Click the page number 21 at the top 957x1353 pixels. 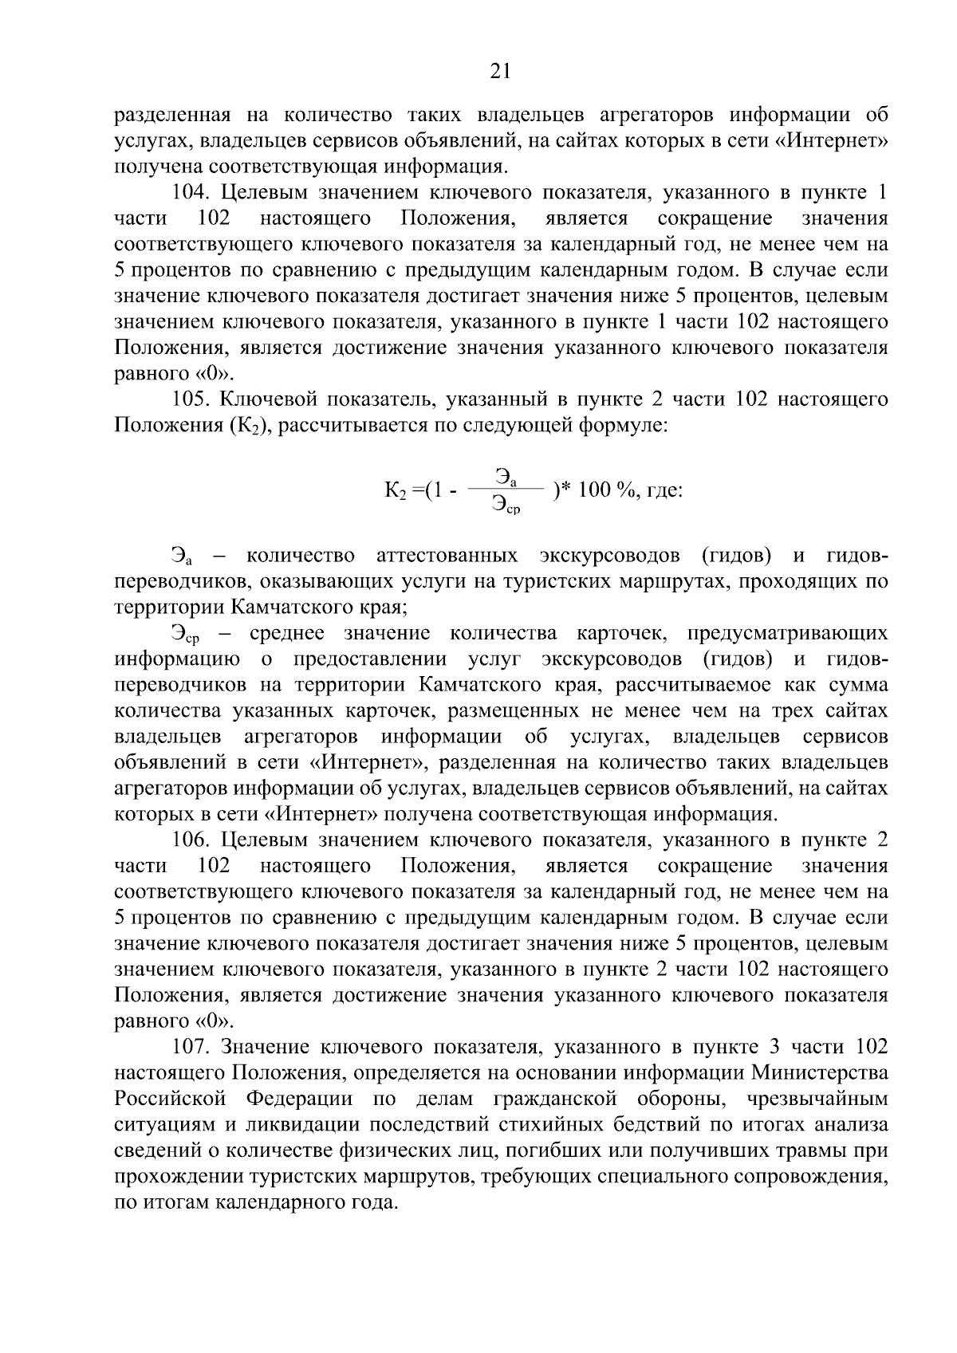tap(500, 72)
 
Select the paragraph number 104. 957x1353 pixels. tap(192, 193)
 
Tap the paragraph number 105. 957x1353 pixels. tap(192, 399)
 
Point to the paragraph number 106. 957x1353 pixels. tap(192, 840)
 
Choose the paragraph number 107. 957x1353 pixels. tap(192, 1047)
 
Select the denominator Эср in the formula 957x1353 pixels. tap(506, 504)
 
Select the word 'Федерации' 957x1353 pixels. tap(298, 1099)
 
